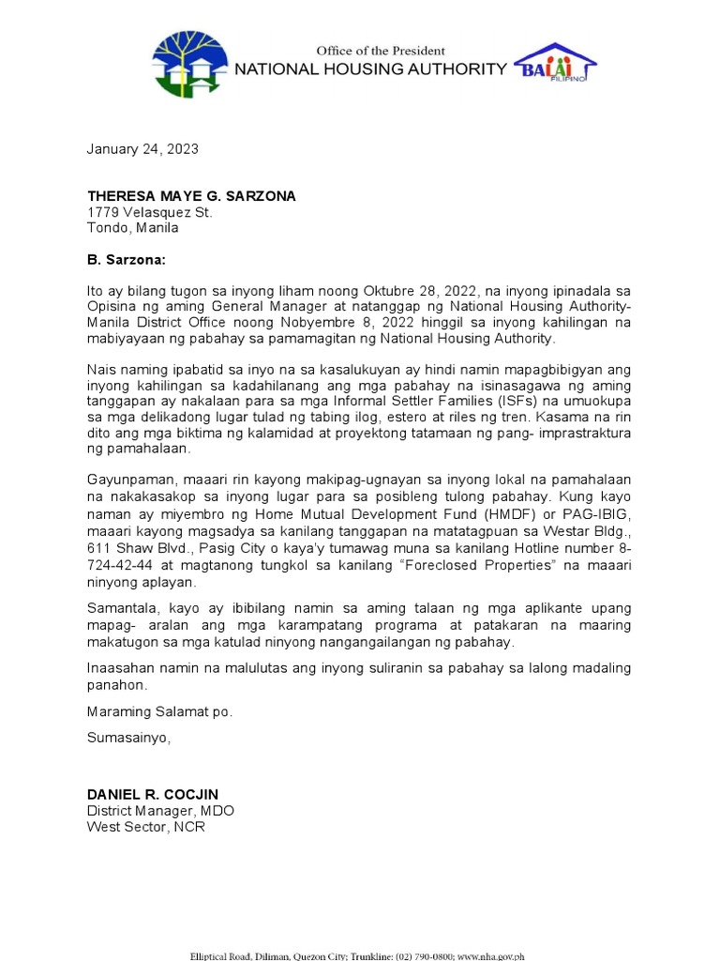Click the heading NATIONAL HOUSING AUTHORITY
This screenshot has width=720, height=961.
point(369,69)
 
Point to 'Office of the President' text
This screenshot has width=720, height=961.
point(380,50)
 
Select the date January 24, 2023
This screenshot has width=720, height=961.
point(142,149)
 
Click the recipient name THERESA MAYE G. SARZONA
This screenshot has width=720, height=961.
point(191,196)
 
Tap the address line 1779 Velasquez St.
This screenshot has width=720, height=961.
point(150,212)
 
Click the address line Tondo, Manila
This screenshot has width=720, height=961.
point(132,228)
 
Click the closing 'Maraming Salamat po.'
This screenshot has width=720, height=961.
point(159,711)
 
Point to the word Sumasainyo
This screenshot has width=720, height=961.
point(129,738)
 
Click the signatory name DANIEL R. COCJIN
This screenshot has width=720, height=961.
point(153,795)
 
